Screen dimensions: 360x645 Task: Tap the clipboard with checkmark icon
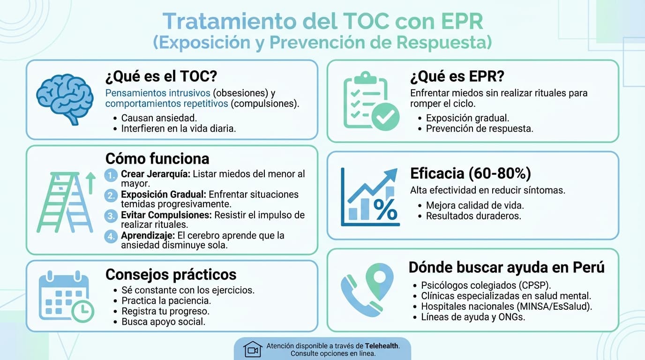[x=371, y=101]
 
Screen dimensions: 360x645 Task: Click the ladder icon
[x=65, y=202]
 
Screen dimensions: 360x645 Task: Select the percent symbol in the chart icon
[x=385, y=210]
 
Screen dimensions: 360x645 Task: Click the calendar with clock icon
[x=66, y=296]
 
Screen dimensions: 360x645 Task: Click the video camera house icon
[x=253, y=349]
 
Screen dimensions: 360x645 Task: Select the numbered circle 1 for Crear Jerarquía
[x=110, y=175]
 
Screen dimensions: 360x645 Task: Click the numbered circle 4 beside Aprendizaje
[x=110, y=236]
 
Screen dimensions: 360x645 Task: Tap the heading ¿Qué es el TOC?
[x=162, y=76]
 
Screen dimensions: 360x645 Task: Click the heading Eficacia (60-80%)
[x=470, y=173]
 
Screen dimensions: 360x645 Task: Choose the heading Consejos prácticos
[x=171, y=274]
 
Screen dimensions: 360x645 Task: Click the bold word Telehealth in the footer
[x=382, y=345]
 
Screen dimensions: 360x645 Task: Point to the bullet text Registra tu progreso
[x=165, y=311]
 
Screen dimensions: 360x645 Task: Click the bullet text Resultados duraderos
[x=473, y=216]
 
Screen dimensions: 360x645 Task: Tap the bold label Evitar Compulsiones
[x=166, y=215]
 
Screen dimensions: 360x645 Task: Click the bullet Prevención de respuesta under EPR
[x=480, y=128]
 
